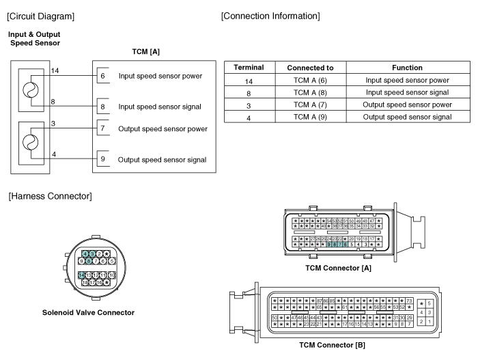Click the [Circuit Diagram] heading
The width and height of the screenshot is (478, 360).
pos(40,15)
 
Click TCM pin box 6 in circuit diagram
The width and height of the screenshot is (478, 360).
pos(102,76)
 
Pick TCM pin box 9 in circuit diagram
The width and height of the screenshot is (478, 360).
pos(102,160)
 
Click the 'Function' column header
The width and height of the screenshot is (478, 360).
pos(408,68)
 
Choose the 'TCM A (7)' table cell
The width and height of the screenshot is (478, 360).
pos(310,105)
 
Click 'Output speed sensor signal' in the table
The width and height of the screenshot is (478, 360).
pos(408,117)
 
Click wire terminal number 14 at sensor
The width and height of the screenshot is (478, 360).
pos(55,71)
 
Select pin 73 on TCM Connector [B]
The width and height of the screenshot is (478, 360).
pos(409,301)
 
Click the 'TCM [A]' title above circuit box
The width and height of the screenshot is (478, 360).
pos(146,52)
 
